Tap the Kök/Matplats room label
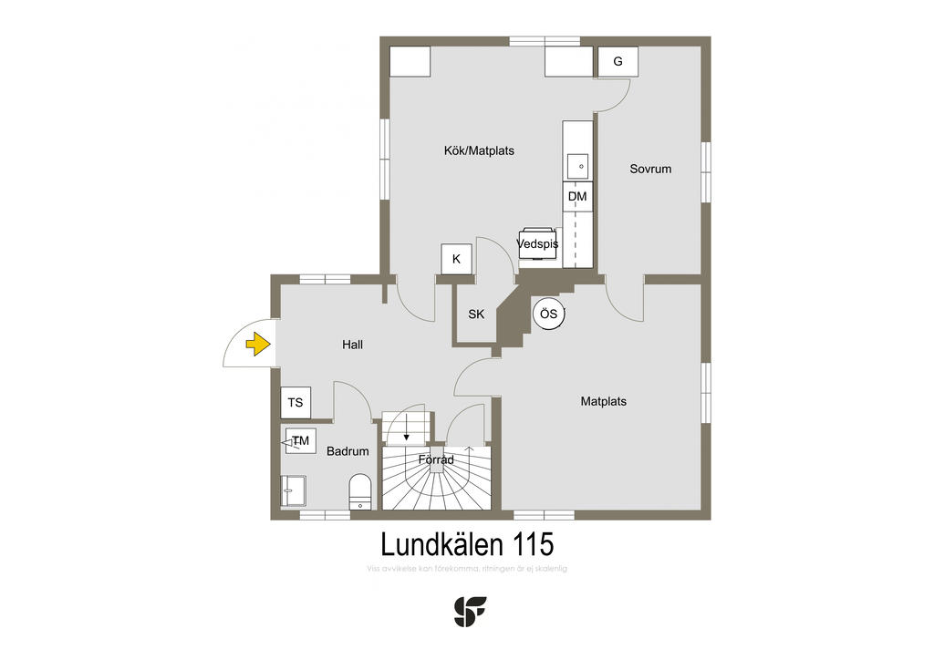(x=479, y=150)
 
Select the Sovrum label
(x=650, y=169)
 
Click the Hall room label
(x=352, y=345)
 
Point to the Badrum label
(x=348, y=451)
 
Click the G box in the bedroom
(x=617, y=62)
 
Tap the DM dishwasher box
(x=576, y=197)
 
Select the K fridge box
(x=456, y=260)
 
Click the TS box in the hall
(x=295, y=402)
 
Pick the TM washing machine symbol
(x=300, y=441)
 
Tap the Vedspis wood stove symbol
(x=537, y=243)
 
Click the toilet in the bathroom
(x=360, y=491)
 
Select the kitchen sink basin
(x=577, y=167)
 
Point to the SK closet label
(x=476, y=315)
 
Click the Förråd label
(x=436, y=460)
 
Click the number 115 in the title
(x=532, y=545)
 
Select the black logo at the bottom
(x=471, y=611)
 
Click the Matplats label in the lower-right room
(x=604, y=401)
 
